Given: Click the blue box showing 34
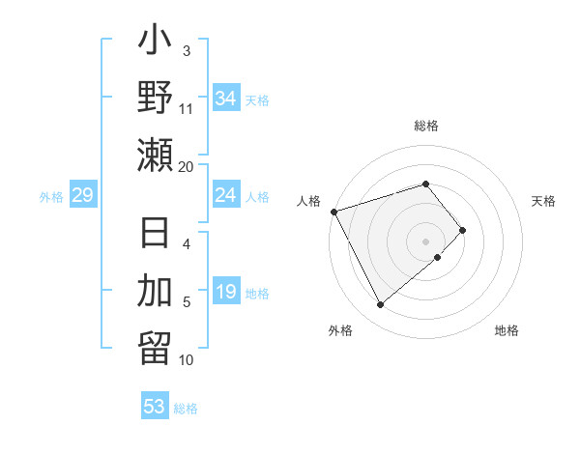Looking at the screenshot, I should coord(225,98).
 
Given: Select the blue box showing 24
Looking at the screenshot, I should coord(225,195).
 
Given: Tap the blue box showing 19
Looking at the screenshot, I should coord(225,293).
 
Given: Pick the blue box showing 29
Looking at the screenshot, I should coord(82,195).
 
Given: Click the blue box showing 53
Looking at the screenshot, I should coord(155,406).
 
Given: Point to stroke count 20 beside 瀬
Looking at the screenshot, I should coord(186,166).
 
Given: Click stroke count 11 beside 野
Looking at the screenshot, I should coord(186,108).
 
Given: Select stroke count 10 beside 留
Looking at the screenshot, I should coord(186,360).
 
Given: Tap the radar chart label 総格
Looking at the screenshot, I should coord(426,126).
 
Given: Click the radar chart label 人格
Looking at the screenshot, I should coord(309,201).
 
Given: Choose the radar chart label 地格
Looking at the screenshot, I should coord(507,330).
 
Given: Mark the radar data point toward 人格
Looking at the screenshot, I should coord(333,211).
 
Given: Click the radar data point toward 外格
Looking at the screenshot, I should coord(380,305).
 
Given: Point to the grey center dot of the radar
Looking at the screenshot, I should coord(426,241).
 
